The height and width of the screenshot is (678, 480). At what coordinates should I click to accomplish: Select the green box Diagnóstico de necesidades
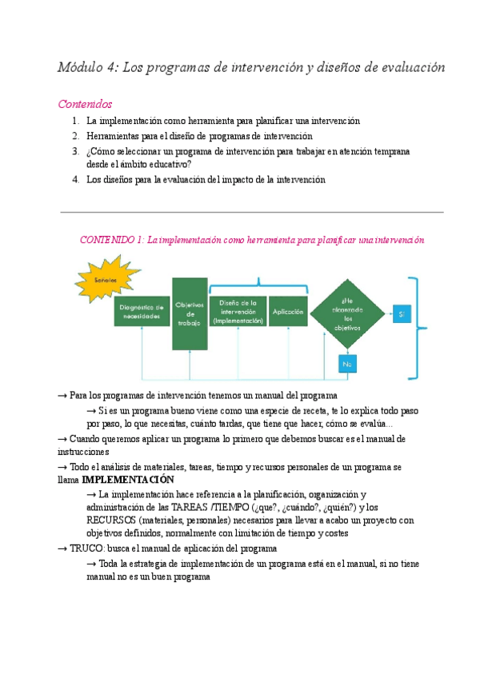[141, 311]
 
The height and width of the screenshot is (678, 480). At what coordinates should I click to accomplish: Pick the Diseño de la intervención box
[238, 311]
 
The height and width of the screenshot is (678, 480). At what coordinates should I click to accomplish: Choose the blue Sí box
[402, 314]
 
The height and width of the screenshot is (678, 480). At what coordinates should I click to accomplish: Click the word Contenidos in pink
[86, 104]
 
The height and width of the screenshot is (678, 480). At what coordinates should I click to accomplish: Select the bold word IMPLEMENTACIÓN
[128, 480]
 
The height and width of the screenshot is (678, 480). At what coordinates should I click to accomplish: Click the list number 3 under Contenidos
[74, 150]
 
